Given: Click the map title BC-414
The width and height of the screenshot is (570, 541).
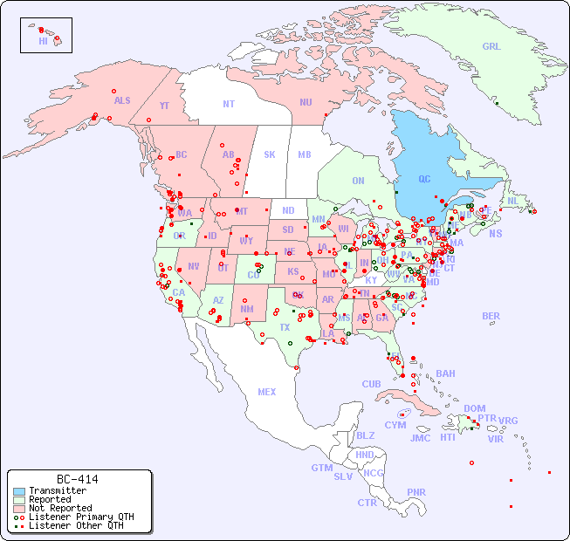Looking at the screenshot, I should click(77, 479).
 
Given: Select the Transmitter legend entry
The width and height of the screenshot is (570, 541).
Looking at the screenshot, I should click(57, 491).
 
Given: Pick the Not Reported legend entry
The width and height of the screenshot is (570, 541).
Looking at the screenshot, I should click(59, 508).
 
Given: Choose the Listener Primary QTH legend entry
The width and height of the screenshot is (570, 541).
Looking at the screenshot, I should click(80, 517).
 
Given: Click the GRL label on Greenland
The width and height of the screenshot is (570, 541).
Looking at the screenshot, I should click(491, 47).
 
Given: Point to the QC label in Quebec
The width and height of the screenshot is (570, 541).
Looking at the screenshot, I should click(424, 180).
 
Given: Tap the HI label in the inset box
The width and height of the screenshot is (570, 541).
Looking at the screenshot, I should click(43, 41).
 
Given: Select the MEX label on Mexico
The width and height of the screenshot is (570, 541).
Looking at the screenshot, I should click(267, 392).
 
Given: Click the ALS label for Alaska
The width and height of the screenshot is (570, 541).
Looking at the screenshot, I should click(122, 101).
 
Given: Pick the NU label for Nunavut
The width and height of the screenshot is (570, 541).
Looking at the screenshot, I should click(306, 102).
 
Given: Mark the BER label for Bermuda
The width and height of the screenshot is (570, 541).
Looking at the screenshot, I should click(491, 316).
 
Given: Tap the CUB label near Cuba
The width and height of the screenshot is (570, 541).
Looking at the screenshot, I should click(371, 384).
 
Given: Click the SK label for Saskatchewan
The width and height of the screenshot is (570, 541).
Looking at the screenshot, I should click(270, 154).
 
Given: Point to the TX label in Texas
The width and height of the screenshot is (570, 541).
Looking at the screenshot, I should click(285, 327).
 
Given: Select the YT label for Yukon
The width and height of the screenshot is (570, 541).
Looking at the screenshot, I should click(164, 106).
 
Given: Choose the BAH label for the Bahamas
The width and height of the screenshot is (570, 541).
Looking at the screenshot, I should click(445, 373).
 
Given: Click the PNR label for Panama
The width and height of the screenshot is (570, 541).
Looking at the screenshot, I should click(416, 492).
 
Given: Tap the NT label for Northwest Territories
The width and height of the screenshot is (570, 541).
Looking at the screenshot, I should click(228, 104).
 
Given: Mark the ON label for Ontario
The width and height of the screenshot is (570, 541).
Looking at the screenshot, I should click(358, 181).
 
